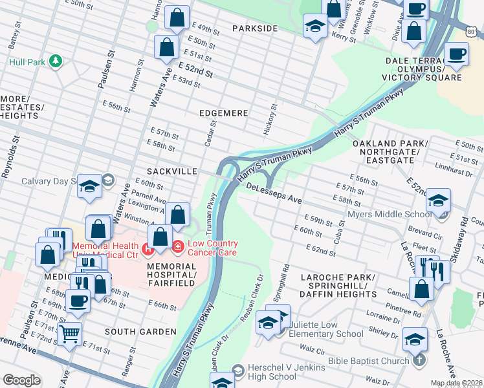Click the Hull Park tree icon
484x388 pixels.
pos(56,61)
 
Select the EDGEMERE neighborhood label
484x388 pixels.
pos(223,113)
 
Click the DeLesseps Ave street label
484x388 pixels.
pos(274,193)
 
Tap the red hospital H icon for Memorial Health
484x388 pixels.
pos(148,247)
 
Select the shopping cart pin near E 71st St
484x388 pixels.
pos(69,334)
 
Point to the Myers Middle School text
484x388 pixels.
pos(388,214)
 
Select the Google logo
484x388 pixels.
pos(21,380)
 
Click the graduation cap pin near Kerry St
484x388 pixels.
pos(314,27)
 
